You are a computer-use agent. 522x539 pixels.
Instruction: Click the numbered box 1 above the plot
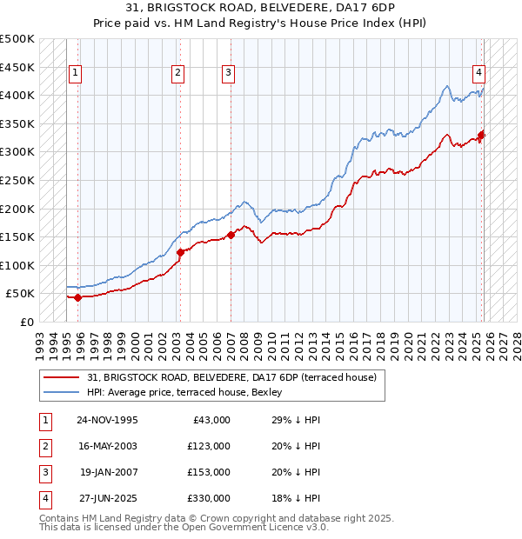coord(76,74)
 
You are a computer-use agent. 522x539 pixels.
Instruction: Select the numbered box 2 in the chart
coord(177,74)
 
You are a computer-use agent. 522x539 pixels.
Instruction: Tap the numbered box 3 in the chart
coord(228,74)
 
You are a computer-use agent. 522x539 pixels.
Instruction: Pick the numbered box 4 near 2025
coord(479,74)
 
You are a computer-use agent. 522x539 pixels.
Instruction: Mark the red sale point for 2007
coord(231,235)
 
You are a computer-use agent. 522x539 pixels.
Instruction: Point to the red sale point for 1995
coord(78,297)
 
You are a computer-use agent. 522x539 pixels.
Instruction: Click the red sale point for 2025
coord(481,135)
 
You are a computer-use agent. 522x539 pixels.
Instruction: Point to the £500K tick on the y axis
coord(17,39)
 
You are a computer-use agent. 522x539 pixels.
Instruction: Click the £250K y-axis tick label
coord(17,180)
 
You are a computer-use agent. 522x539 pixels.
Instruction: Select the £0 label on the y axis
coord(26,322)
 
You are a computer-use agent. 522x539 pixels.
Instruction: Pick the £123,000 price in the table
coord(209,446)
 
